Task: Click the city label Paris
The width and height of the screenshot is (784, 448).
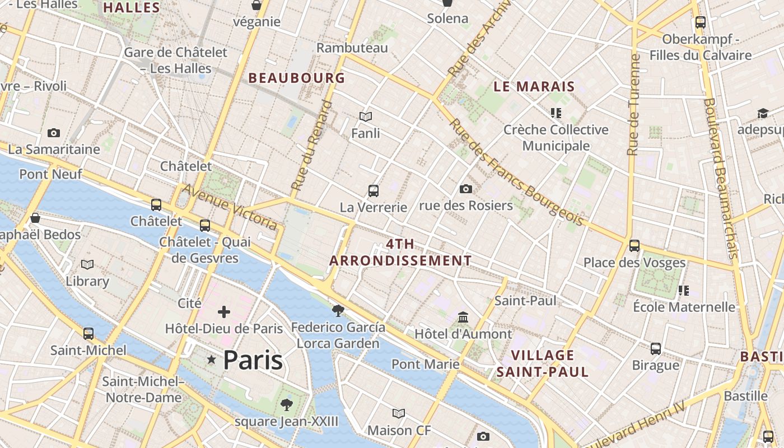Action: [x=253, y=360]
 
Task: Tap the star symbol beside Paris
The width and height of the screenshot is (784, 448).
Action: [x=212, y=360]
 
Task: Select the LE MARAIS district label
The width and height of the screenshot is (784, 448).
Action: [x=534, y=86]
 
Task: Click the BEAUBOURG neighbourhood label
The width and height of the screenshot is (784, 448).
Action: [x=296, y=78]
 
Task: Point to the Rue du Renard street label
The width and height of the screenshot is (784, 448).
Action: [x=311, y=145]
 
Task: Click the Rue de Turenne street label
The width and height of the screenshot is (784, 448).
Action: [x=633, y=105]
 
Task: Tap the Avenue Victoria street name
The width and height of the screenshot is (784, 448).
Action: [x=230, y=207]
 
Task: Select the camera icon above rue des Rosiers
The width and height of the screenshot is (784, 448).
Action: [x=465, y=189]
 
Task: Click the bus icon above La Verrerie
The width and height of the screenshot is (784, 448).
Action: [x=374, y=191]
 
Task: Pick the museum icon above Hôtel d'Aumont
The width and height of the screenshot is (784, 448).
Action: [x=463, y=318]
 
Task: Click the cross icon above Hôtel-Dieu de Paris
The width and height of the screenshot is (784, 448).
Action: [x=224, y=312]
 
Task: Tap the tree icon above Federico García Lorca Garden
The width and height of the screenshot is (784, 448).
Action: [x=338, y=310]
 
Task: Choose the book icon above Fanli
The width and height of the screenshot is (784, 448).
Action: [x=366, y=116]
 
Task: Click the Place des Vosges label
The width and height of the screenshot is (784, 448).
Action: [x=634, y=262]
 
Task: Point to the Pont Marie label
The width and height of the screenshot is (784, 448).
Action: [x=426, y=364]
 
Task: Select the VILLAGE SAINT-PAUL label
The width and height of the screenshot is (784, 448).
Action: [x=542, y=363]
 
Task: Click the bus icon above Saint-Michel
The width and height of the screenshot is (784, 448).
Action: [x=88, y=334]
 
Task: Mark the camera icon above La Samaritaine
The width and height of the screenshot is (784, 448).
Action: [x=54, y=133]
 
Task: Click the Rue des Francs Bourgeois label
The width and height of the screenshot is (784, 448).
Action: [x=516, y=173]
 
